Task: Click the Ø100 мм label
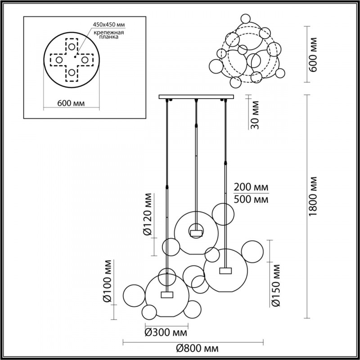(x=107, y=280)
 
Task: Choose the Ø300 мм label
(x=166, y=333)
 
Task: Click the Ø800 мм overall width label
(x=198, y=349)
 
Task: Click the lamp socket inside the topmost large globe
(x=196, y=232)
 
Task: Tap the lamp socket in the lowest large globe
(x=167, y=294)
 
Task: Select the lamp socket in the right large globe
(x=225, y=270)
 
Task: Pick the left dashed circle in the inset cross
(x=58, y=58)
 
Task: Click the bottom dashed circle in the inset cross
(x=72, y=73)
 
